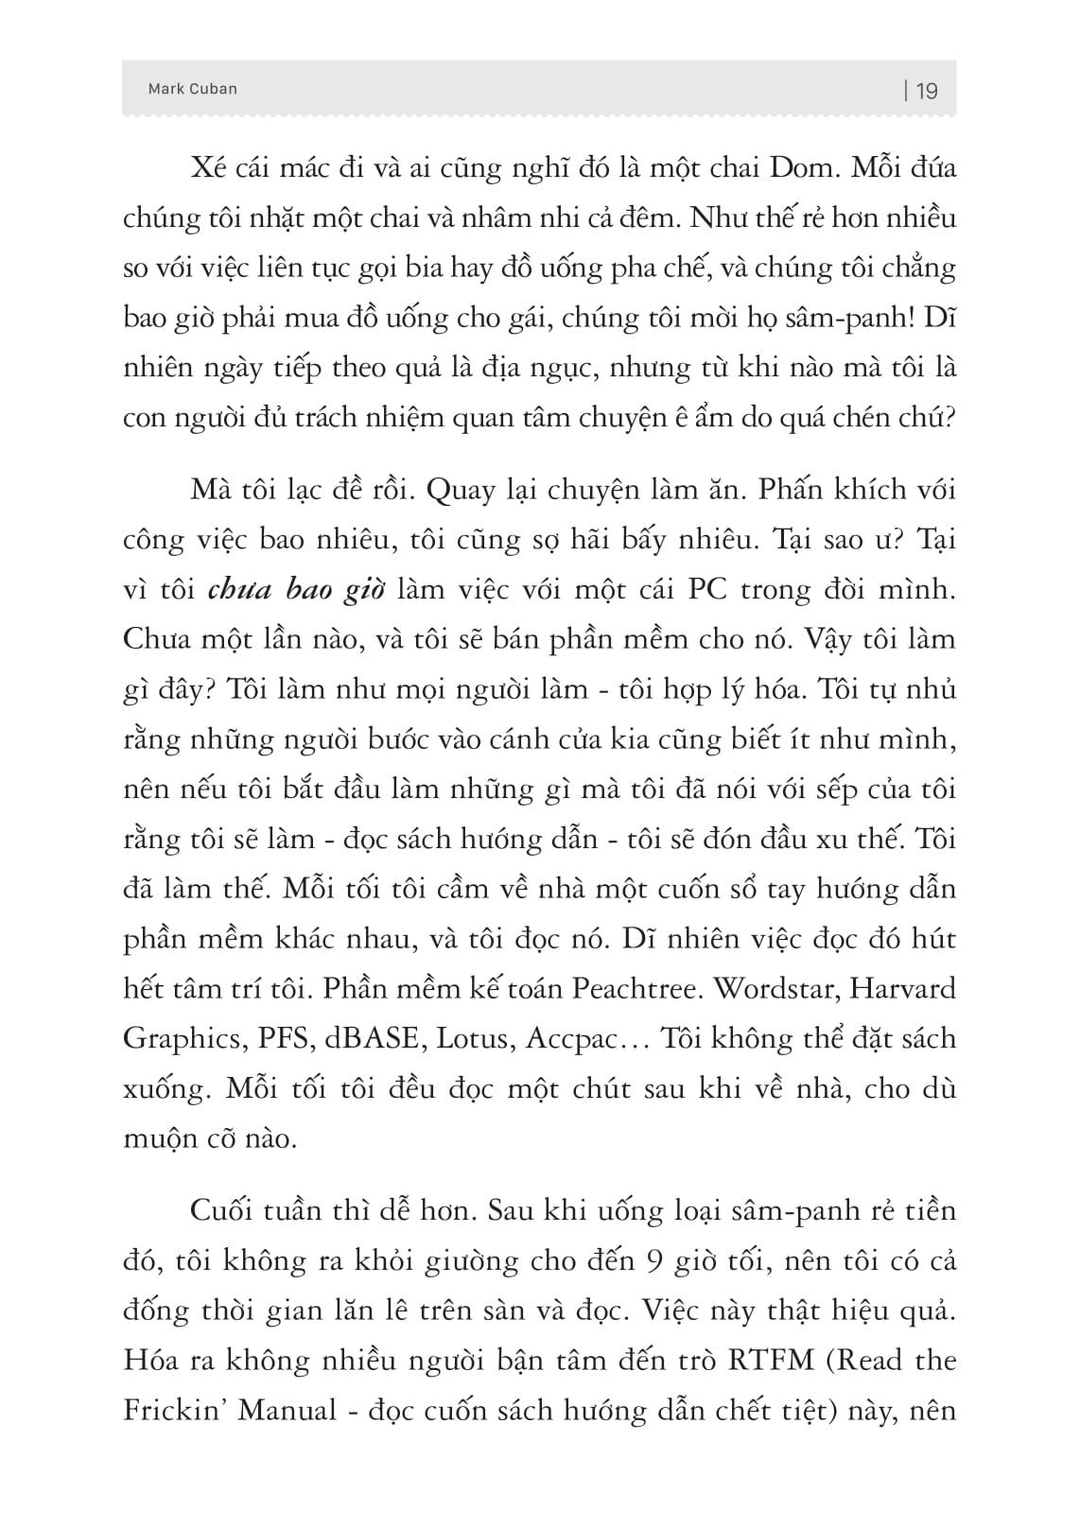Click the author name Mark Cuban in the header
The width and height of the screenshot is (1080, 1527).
pos(193,89)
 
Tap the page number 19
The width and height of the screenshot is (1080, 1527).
pos(927,91)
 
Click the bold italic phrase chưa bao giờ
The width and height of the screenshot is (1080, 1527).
pos(295,590)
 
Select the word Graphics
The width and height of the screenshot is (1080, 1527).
pos(180,1039)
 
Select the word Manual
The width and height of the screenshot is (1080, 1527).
pos(287,1411)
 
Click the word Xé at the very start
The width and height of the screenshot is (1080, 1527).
pos(207,169)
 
